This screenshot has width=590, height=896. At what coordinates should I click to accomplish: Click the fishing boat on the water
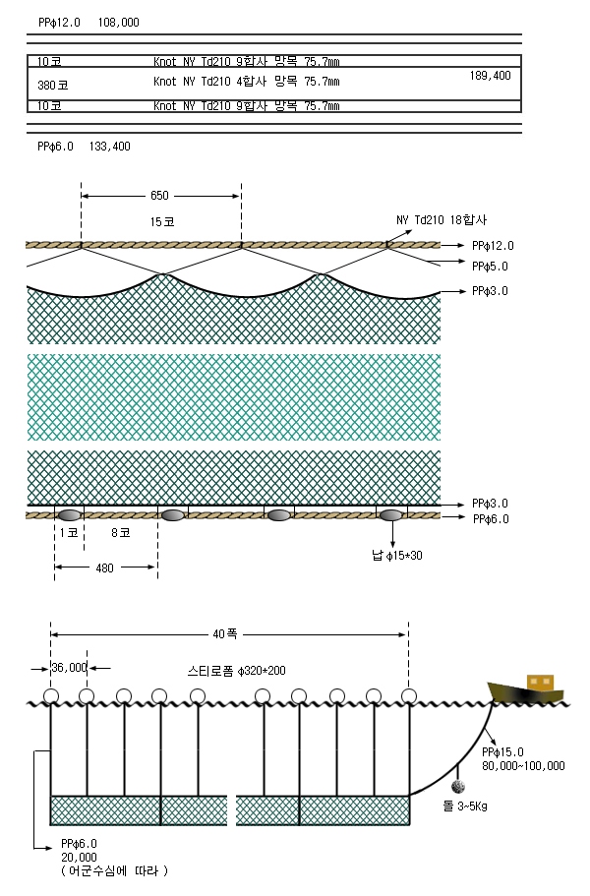[526, 690]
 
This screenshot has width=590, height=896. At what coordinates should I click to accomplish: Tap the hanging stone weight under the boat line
[458, 787]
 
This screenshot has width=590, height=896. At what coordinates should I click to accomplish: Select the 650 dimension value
[159, 196]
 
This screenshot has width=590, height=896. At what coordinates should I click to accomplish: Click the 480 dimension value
[104, 568]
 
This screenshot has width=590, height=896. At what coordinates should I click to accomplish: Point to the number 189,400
[490, 76]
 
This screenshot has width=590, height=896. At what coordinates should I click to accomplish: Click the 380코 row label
[52, 86]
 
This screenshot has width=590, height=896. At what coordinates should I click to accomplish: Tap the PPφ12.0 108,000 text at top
[88, 23]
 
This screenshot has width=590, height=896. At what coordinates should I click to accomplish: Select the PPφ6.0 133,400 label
[84, 147]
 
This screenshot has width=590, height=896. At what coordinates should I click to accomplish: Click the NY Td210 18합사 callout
[442, 220]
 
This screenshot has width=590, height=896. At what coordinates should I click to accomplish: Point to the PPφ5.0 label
[490, 267]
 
